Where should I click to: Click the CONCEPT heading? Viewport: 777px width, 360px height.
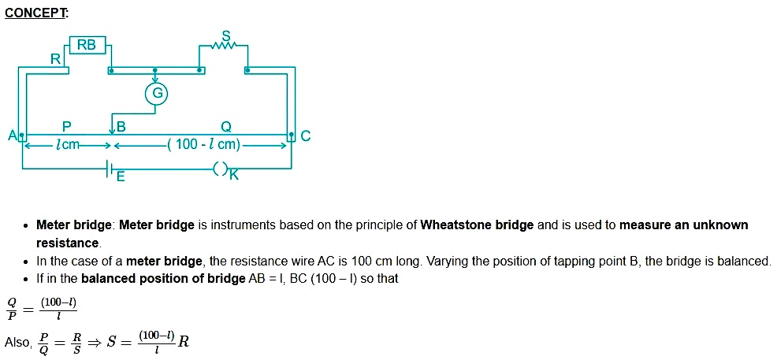[x=35, y=13]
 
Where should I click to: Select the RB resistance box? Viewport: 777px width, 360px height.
[x=87, y=46]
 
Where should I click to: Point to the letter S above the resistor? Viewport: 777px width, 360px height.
[x=226, y=35]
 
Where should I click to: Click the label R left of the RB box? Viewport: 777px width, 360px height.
[x=55, y=58]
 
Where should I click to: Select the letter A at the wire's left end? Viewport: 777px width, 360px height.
[x=13, y=136]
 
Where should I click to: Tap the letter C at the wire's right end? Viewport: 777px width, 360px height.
[x=306, y=136]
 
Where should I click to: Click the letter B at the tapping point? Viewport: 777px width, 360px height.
[x=121, y=126]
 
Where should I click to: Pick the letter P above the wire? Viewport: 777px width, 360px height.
[x=67, y=126]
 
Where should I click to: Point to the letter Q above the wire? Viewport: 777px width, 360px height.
[x=226, y=126]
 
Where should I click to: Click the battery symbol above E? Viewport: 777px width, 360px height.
[x=111, y=168]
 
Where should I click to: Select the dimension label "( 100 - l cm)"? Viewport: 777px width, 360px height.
[x=203, y=145]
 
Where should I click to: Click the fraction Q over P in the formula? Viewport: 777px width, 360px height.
[x=12, y=309]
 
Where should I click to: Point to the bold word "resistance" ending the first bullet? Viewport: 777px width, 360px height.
[x=68, y=243]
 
